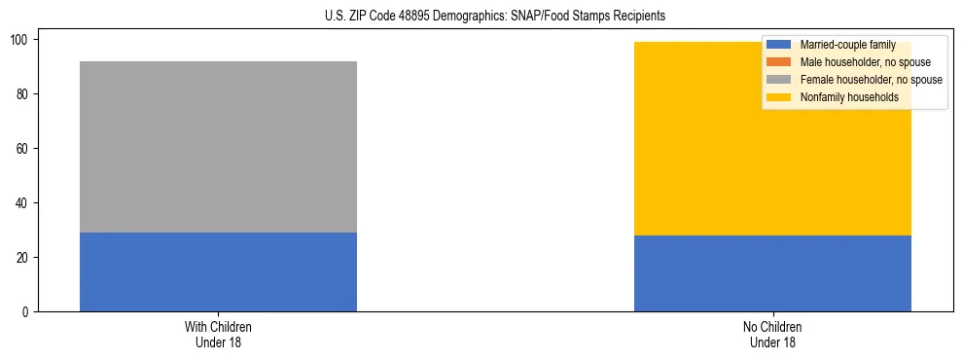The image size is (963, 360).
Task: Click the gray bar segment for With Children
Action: pyautogui.click(x=218, y=147)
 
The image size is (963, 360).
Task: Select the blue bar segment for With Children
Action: pyautogui.click(x=218, y=272)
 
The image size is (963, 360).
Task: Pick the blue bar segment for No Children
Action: pyautogui.click(x=772, y=273)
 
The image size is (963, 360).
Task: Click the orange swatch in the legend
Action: pyautogui.click(x=778, y=62)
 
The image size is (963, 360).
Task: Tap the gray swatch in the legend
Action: pyautogui.click(x=778, y=80)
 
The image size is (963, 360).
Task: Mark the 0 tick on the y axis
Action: pyautogui.click(x=29, y=312)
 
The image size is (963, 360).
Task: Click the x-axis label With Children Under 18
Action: pyautogui.click(x=218, y=334)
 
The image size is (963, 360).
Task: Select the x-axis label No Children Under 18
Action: pyautogui.click(x=772, y=334)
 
